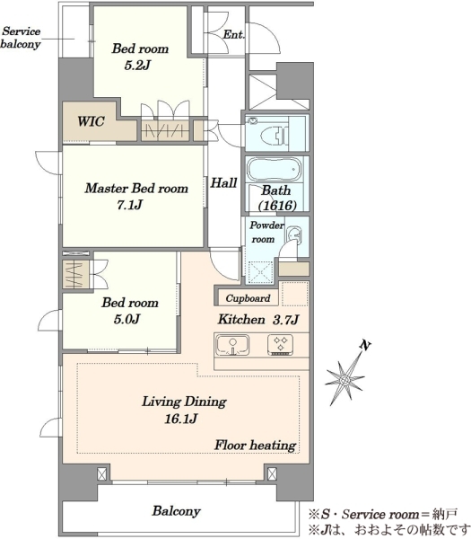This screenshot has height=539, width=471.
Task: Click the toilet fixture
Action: pos(275,135)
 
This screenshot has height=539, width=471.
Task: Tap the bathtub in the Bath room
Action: pos(274,169)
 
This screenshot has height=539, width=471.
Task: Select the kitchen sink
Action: pos(232,345)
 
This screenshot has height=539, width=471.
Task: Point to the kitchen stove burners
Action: pos(280,345)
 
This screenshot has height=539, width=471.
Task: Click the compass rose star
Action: pos(345,379)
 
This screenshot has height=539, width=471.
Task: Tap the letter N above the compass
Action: pos(365,345)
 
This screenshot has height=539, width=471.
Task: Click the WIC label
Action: pos(91,121)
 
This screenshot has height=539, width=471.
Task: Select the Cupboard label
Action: pos(248,298)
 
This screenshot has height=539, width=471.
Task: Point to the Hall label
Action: pos(223,183)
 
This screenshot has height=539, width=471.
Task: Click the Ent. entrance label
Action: pos(233,34)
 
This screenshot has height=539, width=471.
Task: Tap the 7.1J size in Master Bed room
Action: pos(129,205)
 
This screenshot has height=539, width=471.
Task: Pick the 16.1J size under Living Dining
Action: pos(180,419)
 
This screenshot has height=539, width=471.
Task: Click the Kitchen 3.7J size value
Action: pos(285,320)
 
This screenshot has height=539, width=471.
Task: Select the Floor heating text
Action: pos(255,446)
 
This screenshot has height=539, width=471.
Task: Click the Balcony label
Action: pos(176,511)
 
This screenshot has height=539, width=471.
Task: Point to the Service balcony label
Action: pos(21,38)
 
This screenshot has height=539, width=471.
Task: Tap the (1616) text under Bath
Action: pos(277,206)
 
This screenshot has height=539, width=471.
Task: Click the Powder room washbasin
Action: pos(293,235)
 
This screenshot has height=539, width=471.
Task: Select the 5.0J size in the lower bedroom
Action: pos(126,319)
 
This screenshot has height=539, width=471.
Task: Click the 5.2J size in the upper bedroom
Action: pos(137,65)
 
